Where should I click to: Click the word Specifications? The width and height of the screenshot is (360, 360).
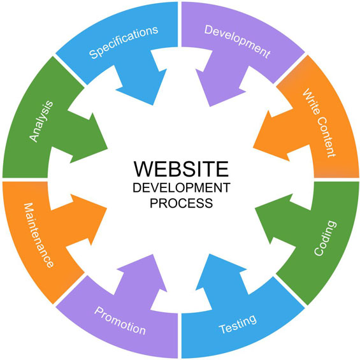tap(124, 42)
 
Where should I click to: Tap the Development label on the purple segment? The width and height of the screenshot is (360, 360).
tap(238, 41)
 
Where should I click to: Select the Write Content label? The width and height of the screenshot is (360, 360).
tap(319, 123)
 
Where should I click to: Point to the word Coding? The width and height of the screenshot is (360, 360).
tap(325, 238)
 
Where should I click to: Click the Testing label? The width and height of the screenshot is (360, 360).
tap(238, 324)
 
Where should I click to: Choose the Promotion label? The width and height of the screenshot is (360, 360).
tap(120, 320)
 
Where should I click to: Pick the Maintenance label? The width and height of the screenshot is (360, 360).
tap(39, 235)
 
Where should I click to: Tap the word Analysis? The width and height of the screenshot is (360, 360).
tap(41, 121)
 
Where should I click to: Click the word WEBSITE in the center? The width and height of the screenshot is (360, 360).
tap(181, 169)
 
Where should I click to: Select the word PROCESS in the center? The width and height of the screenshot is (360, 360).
tap(181, 203)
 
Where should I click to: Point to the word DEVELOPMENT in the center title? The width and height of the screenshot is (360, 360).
tap(182, 188)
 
